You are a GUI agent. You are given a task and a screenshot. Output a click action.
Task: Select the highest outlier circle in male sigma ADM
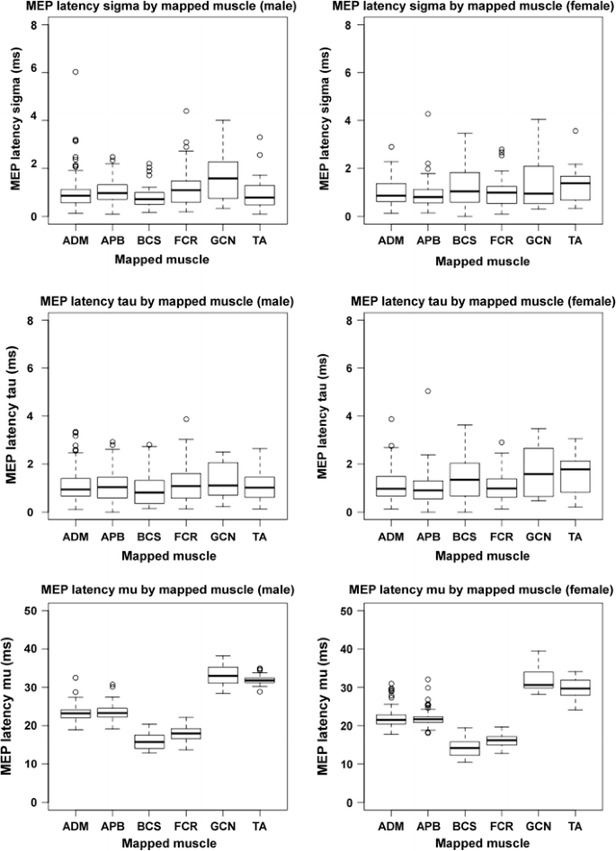(x=76, y=72)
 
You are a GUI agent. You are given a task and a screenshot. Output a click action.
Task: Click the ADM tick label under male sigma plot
(x=76, y=242)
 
